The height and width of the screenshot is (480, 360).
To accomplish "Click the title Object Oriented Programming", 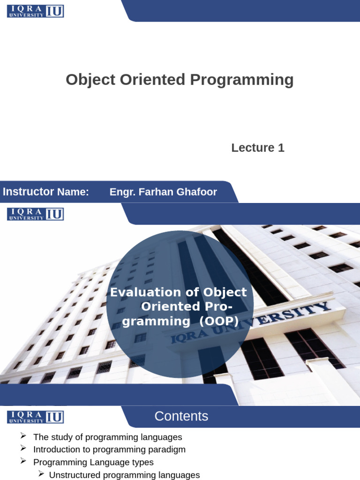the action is click(180, 80).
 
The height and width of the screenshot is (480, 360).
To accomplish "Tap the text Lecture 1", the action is click(258, 148).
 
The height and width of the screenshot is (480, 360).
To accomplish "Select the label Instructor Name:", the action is click(46, 192).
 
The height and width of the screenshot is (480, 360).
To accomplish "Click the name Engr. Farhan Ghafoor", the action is click(163, 192).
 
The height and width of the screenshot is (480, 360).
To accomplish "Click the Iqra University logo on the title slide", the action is click(36, 11).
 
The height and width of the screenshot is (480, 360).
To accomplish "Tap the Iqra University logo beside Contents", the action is click(36, 417).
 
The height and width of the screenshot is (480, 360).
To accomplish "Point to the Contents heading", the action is click(181, 416).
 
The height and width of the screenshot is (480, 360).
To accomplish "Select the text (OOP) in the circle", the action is click(218, 321).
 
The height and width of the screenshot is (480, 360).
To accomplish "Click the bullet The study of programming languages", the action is click(107, 437).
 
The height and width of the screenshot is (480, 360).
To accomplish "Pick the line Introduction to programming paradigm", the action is click(109, 450).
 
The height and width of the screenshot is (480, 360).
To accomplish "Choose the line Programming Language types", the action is click(93, 462).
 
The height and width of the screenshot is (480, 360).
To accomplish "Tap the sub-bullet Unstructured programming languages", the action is click(124, 475).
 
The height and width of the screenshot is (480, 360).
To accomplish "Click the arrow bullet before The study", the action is click(23, 435).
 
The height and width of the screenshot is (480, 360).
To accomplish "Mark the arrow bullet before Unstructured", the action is click(41, 474).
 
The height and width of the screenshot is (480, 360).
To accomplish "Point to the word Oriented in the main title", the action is click(152, 80).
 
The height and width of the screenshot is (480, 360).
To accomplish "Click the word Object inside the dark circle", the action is click(225, 292).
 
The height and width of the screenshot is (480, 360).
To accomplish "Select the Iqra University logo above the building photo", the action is click(36, 214).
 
